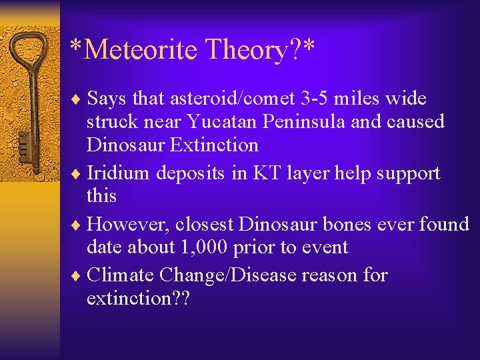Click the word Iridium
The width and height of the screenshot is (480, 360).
pyautogui.click(x=119, y=173)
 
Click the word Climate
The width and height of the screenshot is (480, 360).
pyautogui.click(x=121, y=275)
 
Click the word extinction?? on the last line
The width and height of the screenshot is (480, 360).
pyautogui.click(x=138, y=298)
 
